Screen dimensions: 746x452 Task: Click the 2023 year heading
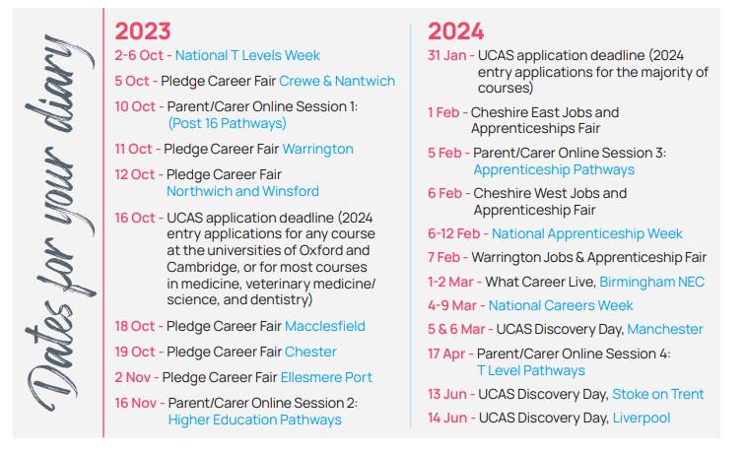143,32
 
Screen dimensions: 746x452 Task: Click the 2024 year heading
455,32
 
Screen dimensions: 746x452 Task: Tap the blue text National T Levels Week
247,55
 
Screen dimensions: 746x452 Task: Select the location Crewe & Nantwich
337,82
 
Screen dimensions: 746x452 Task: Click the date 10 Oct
135,106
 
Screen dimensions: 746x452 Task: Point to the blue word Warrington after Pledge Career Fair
317,150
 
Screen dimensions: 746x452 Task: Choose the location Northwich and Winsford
242,192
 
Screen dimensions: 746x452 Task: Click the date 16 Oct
135,218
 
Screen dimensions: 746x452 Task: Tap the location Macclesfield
325,327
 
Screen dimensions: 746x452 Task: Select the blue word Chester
310,353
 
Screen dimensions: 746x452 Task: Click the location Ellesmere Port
326,378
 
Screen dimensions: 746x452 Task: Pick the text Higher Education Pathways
255,420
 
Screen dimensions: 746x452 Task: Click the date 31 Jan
446,55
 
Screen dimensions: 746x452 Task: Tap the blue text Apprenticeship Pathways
554,170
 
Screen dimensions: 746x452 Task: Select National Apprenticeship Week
587,233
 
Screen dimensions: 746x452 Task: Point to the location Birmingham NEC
651,283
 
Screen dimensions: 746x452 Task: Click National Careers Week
561,305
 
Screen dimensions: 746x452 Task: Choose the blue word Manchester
665,329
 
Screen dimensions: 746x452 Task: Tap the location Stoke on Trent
658,395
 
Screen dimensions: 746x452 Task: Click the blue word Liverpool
642,419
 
